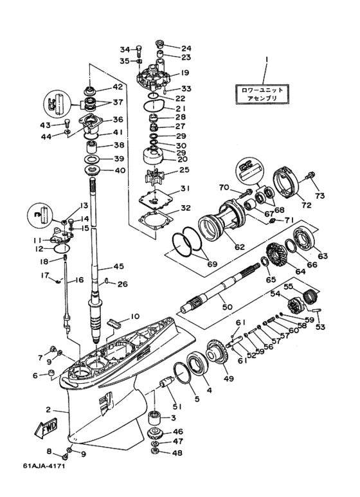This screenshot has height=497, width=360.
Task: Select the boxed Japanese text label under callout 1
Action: (262, 94)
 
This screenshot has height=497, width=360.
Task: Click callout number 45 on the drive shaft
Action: (118, 266)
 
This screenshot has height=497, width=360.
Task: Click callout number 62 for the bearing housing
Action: (240, 246)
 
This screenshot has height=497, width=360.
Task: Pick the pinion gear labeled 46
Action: (156, 433)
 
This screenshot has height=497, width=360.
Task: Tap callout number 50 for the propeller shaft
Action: (228, 307)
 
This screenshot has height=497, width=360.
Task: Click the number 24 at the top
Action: (186, 48)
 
